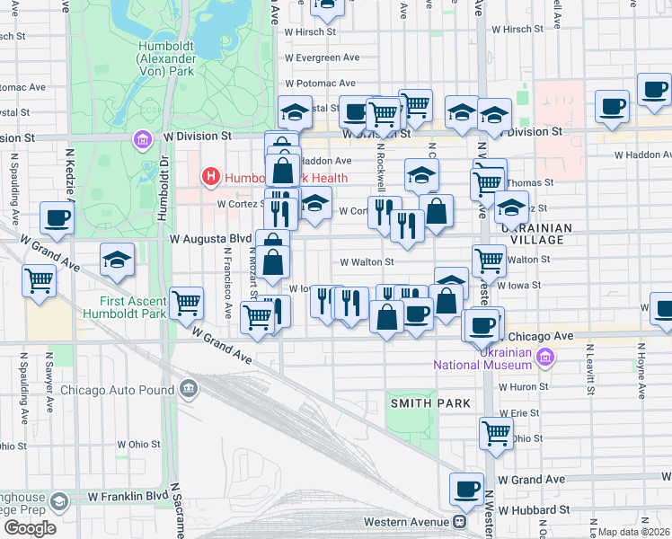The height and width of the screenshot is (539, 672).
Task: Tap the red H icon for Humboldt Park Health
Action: click(211, 177)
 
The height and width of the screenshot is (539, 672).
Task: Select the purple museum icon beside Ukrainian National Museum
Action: click(544, 358)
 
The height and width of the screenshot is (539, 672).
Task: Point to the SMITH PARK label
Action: click(429, 403)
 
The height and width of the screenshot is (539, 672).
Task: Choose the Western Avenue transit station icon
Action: click(459, 521)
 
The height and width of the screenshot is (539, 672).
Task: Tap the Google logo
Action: click(30, 528)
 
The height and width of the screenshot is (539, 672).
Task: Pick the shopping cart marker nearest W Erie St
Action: click(496, 433)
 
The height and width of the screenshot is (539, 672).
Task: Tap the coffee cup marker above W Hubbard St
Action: click(466, 489)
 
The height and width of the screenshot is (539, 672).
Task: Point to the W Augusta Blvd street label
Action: click(211, 239)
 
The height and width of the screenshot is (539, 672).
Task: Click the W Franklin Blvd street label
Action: click(128, 495)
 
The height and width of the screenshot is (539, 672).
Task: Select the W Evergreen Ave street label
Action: click(324, 57)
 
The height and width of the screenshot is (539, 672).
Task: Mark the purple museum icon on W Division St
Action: click(142, 140)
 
